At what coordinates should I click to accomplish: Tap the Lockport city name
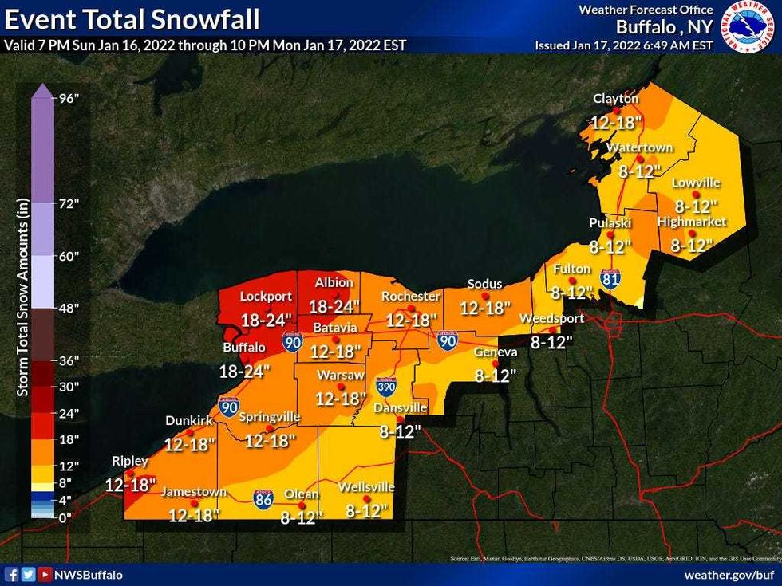[x=266, y=296]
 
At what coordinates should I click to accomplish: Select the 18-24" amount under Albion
[x=334, y=306]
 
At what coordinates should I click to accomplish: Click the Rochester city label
[x=411, y=297]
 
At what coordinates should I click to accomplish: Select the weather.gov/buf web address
[x=730, y=575]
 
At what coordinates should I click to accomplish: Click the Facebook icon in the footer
[x=11, y=574]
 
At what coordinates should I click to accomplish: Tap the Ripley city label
[x=128, y=461]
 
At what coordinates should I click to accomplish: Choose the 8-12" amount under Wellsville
[x=365, y=509]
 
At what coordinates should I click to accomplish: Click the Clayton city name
[x=615, y=98]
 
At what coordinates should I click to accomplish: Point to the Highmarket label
[x=692, y=222]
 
